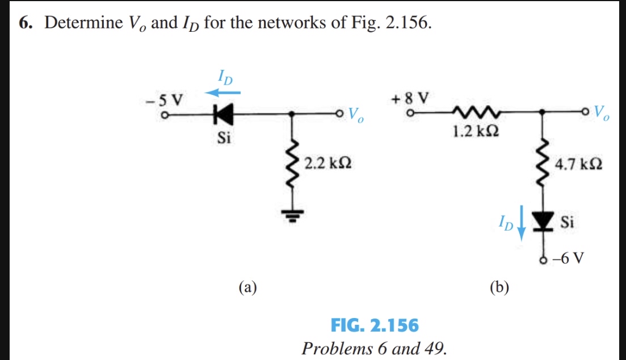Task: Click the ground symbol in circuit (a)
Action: click(x=292, y=214)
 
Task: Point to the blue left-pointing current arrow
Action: click(x=223, y=91)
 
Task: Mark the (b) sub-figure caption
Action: click(x=499, y=287)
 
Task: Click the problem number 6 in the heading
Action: click(x=25, y=24)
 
